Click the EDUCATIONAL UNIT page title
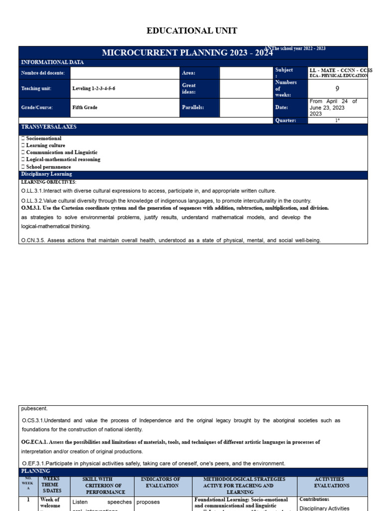pos(191,31)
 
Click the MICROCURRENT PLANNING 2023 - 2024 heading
pos(187,52)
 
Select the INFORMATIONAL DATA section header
pos(52,62)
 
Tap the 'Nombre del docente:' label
pos(43,73)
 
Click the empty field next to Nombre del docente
pos(125,73)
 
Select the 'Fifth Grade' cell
pos(85,107)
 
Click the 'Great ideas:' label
pos(189,89)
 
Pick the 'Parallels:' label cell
pos(192,107)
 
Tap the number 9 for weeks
pos(337,89)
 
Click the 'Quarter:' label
pos(285,121)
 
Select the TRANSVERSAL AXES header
pos(49,127)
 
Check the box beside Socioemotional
pos(23,138)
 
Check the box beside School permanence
pos(23,167)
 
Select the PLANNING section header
pos(35,471)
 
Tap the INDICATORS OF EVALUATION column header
pos(163,482)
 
